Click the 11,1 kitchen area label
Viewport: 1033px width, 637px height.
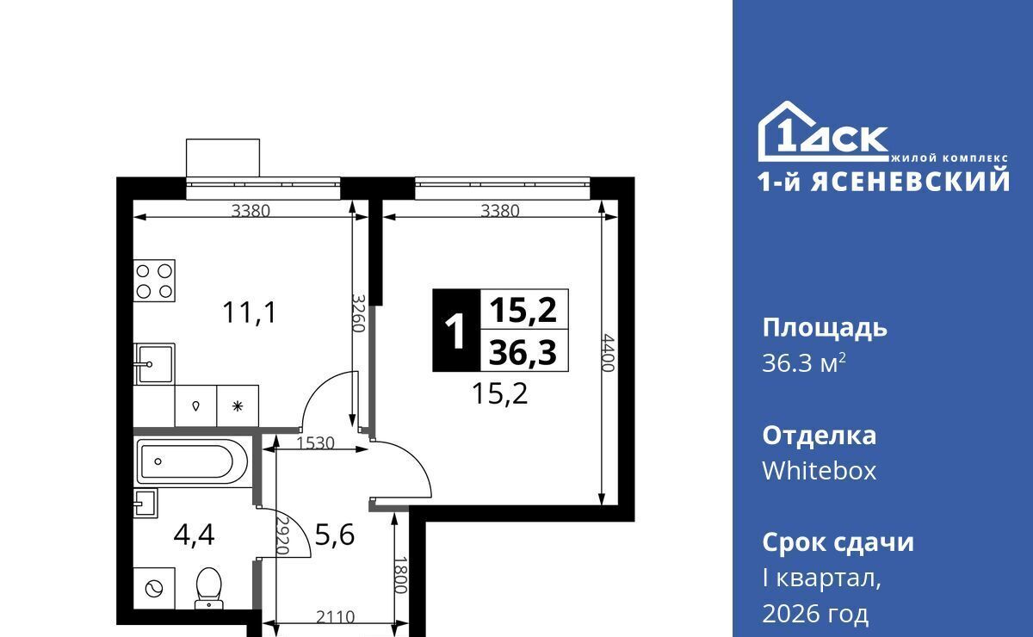coord(250,312)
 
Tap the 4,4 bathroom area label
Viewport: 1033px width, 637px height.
coord(195,535)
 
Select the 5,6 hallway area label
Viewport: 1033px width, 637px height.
coord(334,535)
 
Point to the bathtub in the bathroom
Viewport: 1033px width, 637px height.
coord(193,461)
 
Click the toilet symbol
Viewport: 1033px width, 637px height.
coord(209,588)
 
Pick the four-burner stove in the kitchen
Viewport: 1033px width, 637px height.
coord(154,281)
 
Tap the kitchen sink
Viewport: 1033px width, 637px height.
coord(154,364)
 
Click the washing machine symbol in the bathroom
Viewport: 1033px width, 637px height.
coord(154,589)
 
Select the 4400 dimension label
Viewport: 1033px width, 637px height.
coord(609,353)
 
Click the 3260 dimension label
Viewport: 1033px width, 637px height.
coord(358,313)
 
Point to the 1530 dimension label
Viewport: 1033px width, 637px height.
coord(315,443)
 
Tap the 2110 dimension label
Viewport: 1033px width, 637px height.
coord(335,617)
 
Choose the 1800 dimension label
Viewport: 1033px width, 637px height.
coord(401,575)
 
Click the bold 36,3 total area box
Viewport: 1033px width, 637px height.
coord(523,351)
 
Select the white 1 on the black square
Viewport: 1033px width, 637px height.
coord(456,331)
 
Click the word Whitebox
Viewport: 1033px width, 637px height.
coord(819,471)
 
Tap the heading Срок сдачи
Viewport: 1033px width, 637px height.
coord(838,542)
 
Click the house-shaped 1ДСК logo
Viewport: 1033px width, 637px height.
coord(824,132)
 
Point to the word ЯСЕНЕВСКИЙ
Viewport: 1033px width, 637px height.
coord(911,181)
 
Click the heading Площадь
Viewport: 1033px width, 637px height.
coord(825,329)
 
